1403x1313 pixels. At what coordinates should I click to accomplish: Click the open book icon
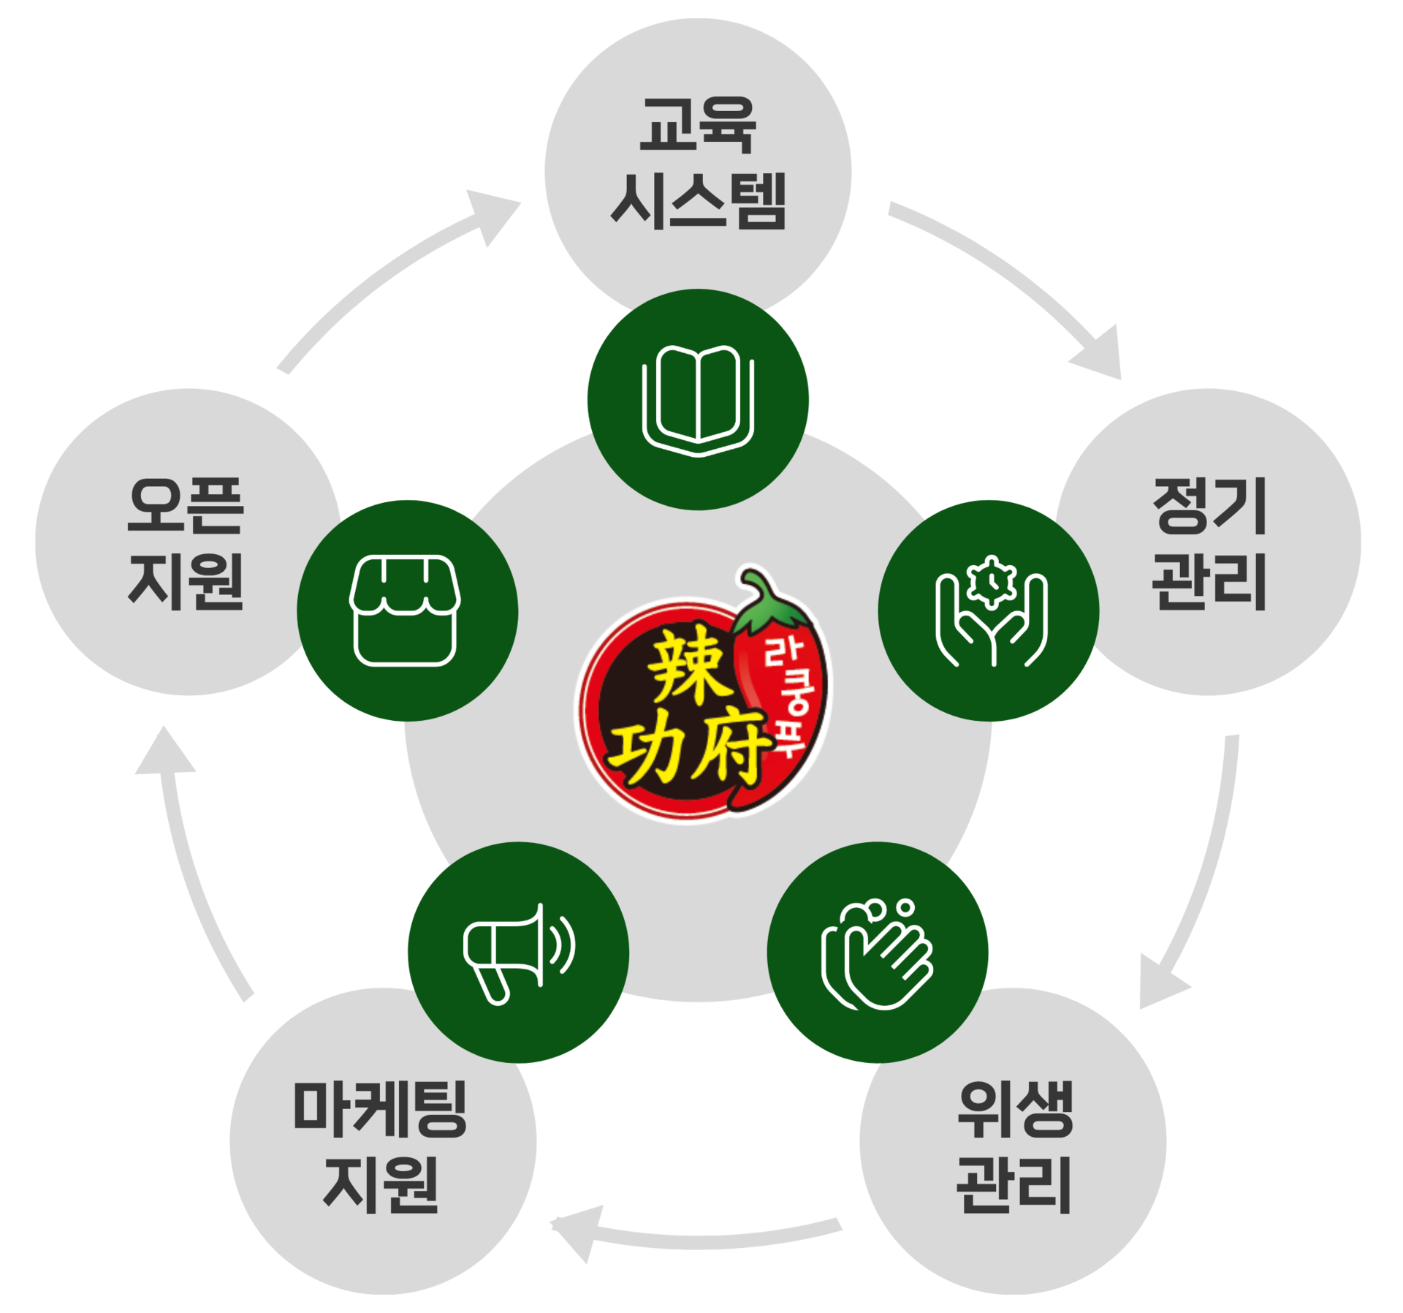(x=698, y=400)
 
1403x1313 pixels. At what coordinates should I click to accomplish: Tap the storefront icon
(x=406, y=610)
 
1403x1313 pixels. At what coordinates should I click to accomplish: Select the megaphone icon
(x=518, y=953)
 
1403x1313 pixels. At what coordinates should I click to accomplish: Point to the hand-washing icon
(x=878, y=953)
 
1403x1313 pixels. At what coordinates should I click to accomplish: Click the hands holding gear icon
(x=990, y=610)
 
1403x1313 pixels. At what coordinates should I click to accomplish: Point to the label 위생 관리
(x=1014, y=1146)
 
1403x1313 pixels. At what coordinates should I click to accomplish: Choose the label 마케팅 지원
(x=381, y=1146)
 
